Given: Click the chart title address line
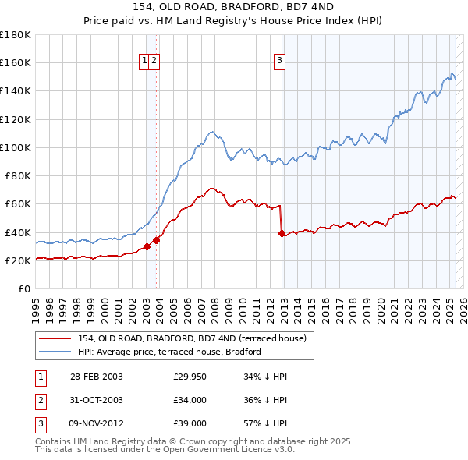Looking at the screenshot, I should [x=234, y=8].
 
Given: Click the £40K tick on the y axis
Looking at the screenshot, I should [x=18, y=232].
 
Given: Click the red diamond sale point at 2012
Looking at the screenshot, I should [x=282, y=233].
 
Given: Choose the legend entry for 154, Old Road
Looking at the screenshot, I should [x=197, y=338].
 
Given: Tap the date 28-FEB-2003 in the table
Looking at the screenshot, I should [x=96, y=377].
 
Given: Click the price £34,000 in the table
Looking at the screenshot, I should [x=190, y=401].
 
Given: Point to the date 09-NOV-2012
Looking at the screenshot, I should [x=96, y=424].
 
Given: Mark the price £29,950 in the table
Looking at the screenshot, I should [x=190, y=377].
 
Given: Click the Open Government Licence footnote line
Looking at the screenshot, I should [x=165, y=450].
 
